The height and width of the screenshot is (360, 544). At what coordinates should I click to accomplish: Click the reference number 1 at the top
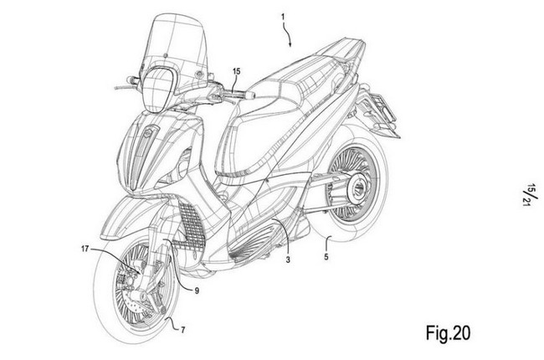pos(283,17)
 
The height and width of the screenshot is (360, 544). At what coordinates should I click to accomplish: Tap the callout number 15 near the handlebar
pos(236,71)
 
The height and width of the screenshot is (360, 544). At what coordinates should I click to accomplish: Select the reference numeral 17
pos(85,249)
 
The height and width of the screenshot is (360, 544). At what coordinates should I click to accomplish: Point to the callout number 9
pos(197,291)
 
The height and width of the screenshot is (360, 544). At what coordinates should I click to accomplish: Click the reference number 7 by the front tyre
pos(182,330)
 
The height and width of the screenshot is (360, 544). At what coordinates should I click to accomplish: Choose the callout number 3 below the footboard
pos(288,259)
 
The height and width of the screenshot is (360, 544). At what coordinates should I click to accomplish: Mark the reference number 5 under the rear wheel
pos(326,257)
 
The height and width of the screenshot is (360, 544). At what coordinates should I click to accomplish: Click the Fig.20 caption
pos(448,333)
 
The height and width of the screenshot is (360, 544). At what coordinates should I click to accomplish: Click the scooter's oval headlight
pos(156,90)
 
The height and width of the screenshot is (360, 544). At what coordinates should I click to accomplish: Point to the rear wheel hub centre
pos(357,188)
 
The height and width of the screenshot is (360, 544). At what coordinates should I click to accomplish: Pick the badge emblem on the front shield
pos(148,131)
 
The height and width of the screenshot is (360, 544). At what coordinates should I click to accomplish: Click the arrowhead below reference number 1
pos(290,44)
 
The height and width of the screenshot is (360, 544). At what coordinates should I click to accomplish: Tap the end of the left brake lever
pos(115,87)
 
